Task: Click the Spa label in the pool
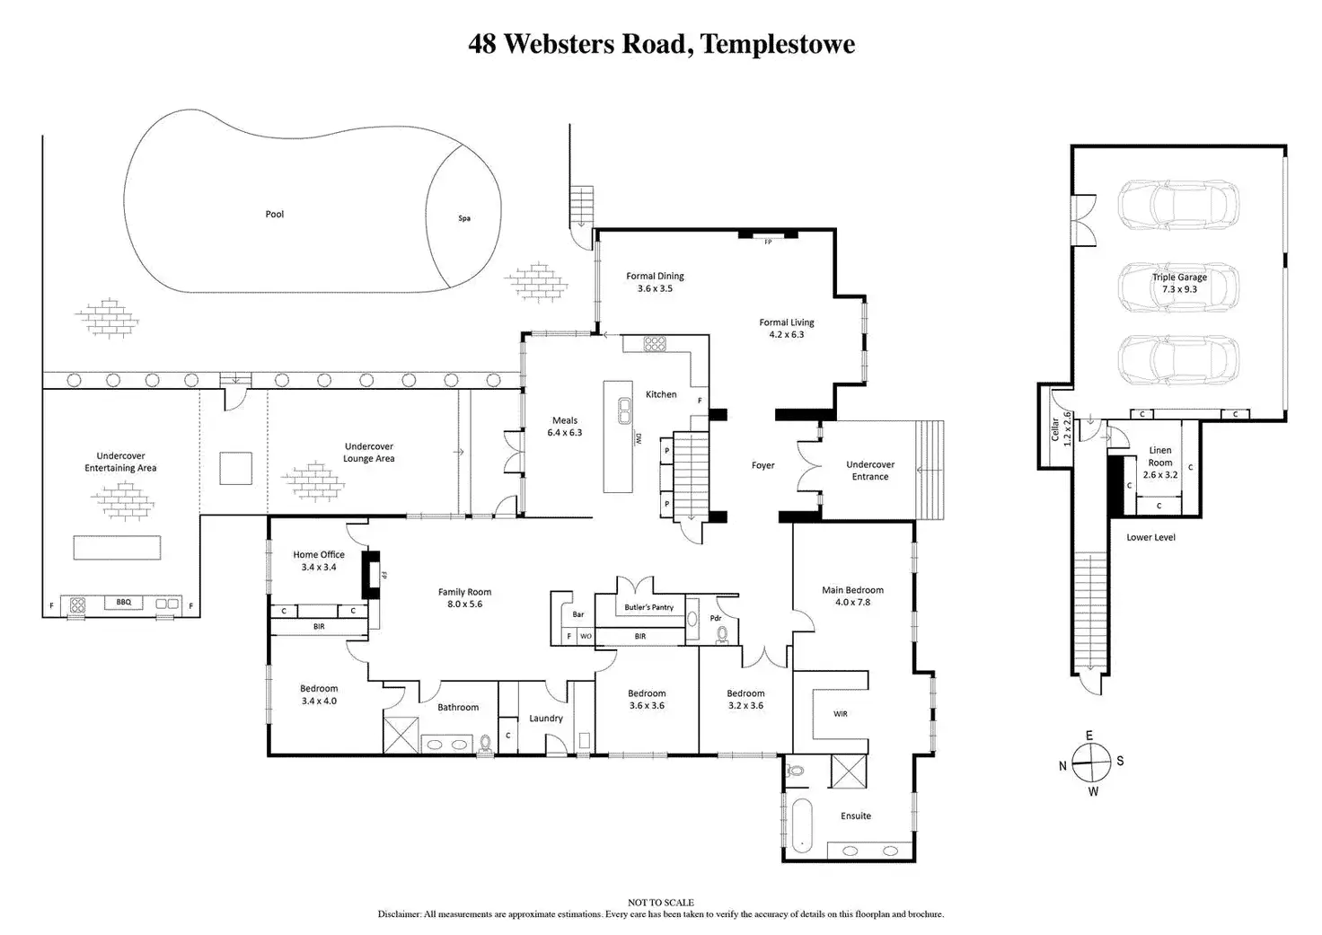(x=464, y=218)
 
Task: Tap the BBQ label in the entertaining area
(x=123, y=602)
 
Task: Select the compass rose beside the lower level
(x=1091, y=763)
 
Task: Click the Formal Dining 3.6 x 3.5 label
(x=655, y=282)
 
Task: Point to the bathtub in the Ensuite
(x=802, y=825)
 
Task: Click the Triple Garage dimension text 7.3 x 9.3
(x=1179, y=289)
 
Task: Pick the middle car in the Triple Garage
(x=1178, y=288)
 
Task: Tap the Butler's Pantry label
(x=648, y=607)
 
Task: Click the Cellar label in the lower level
(x=1054, y=429)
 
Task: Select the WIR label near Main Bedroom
(x=841, y=714)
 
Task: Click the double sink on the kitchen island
(x=624, y=410)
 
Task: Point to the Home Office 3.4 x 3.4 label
(x=319, y=560)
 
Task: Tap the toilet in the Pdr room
(x=722, y=635)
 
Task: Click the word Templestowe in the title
(x=778, y=44)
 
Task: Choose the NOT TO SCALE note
(x=661, y=903)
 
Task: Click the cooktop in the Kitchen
(x=655, y=343)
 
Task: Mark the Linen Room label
(x=1160, y=456)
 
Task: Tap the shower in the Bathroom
(x=401, y=735)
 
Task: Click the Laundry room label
(x=546, y=719)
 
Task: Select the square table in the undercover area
(x=236, y=469)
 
